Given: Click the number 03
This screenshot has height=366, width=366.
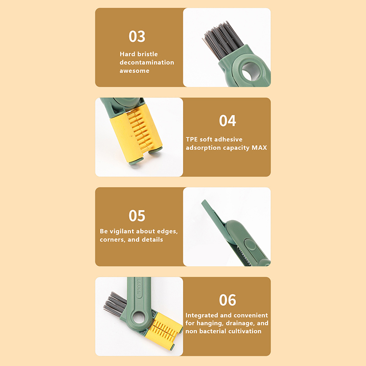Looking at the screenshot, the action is [x=137, y=37].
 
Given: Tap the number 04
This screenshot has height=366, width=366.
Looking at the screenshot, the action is [x=227, y=121].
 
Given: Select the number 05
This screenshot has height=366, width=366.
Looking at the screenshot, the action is [x=137, y=215].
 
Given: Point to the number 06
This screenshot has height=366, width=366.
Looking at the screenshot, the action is [x=227, y=300].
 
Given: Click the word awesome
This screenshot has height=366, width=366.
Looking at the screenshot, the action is [x=135, y=71].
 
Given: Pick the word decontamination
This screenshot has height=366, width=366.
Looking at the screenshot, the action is [x=147, y=62].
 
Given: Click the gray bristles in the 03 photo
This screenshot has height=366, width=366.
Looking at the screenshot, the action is [x=221, y=40].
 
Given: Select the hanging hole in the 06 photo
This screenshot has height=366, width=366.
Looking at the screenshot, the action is [x=139, y=318].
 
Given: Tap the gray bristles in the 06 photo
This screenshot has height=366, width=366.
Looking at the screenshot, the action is [x=114, y=303].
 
